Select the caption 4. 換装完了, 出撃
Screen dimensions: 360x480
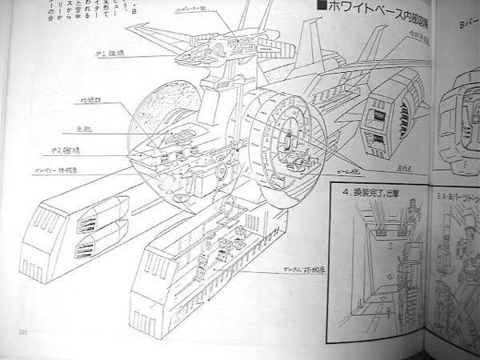click(376, 192)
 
